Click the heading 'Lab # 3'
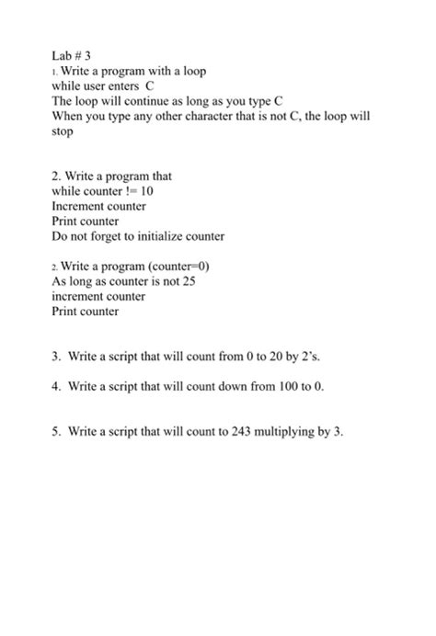[72, 54]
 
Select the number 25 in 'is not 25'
[188, 282]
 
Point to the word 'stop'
[63, 132]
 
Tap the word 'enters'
[118, 87]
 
